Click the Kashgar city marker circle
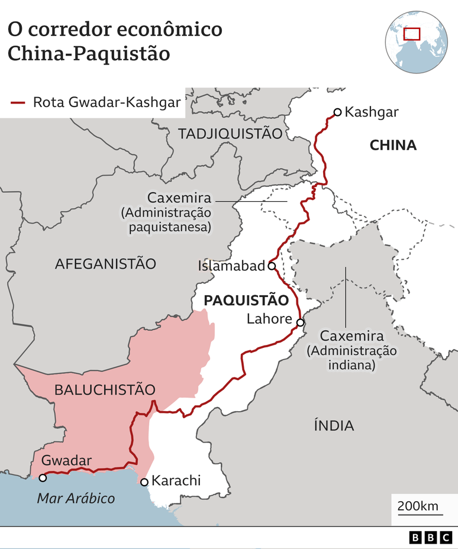tap(337, 112)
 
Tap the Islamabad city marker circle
tap(272, 266)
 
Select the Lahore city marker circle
tap(301, 322)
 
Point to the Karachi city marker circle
tap(144, 482)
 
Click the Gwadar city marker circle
tap(43, 477)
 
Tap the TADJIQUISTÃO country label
tap(230, 134)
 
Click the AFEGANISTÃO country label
tap(105, 264)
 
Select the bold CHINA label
tap(393, 146)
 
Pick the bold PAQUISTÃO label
tap(246, 301)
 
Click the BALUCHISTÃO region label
tap(105, 390)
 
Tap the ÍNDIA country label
tap(334, 425)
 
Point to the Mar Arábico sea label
tap(76, 498)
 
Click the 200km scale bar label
tap(418, 506)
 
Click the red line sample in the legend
tap(18, 102)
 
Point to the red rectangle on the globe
tap(411, 34)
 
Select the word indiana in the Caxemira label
tap(351, 366)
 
